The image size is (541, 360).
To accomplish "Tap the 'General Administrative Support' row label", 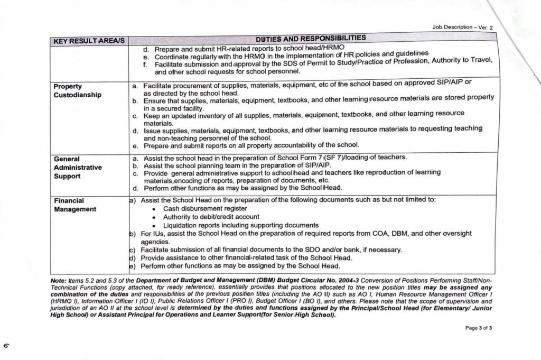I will [77, 167].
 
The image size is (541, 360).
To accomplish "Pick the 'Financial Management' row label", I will [75, 205].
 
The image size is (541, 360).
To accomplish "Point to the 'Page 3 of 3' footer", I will [479, 328].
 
